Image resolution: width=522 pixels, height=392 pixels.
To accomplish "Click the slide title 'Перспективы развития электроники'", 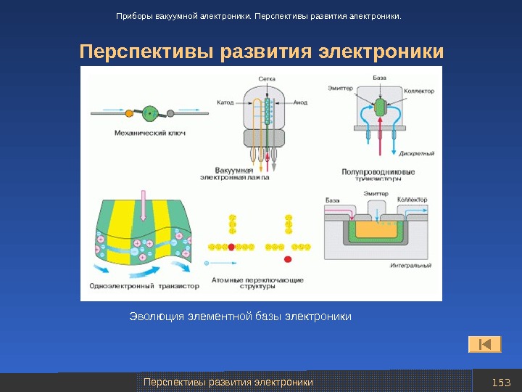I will click(x=261, y=53).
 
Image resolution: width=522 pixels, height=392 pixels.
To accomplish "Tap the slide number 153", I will click(x=501, y=383).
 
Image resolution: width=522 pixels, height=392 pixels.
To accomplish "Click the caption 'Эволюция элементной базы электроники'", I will click(x=240, y=317).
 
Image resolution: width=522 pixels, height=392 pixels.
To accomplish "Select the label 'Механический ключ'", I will click(x=145, y=133).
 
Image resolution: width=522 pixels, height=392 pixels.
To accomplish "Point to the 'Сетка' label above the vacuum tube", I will click(x=266, y=78).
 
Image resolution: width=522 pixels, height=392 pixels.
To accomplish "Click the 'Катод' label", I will click(x=225, y=102).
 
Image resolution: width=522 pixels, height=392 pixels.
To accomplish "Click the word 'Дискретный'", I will click(x=418, y=153).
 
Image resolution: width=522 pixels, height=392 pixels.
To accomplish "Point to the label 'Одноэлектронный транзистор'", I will click(x=143, y=286).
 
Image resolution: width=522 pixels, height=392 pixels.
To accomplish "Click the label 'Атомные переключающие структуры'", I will click(x=257, y=282).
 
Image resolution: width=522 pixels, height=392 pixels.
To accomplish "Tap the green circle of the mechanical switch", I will click(x=150, y=113).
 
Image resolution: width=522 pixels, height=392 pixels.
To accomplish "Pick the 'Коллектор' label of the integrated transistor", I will click(x=411, y=200).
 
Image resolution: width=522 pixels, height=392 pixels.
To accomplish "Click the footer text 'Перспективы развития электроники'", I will click(x=228, y=382).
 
